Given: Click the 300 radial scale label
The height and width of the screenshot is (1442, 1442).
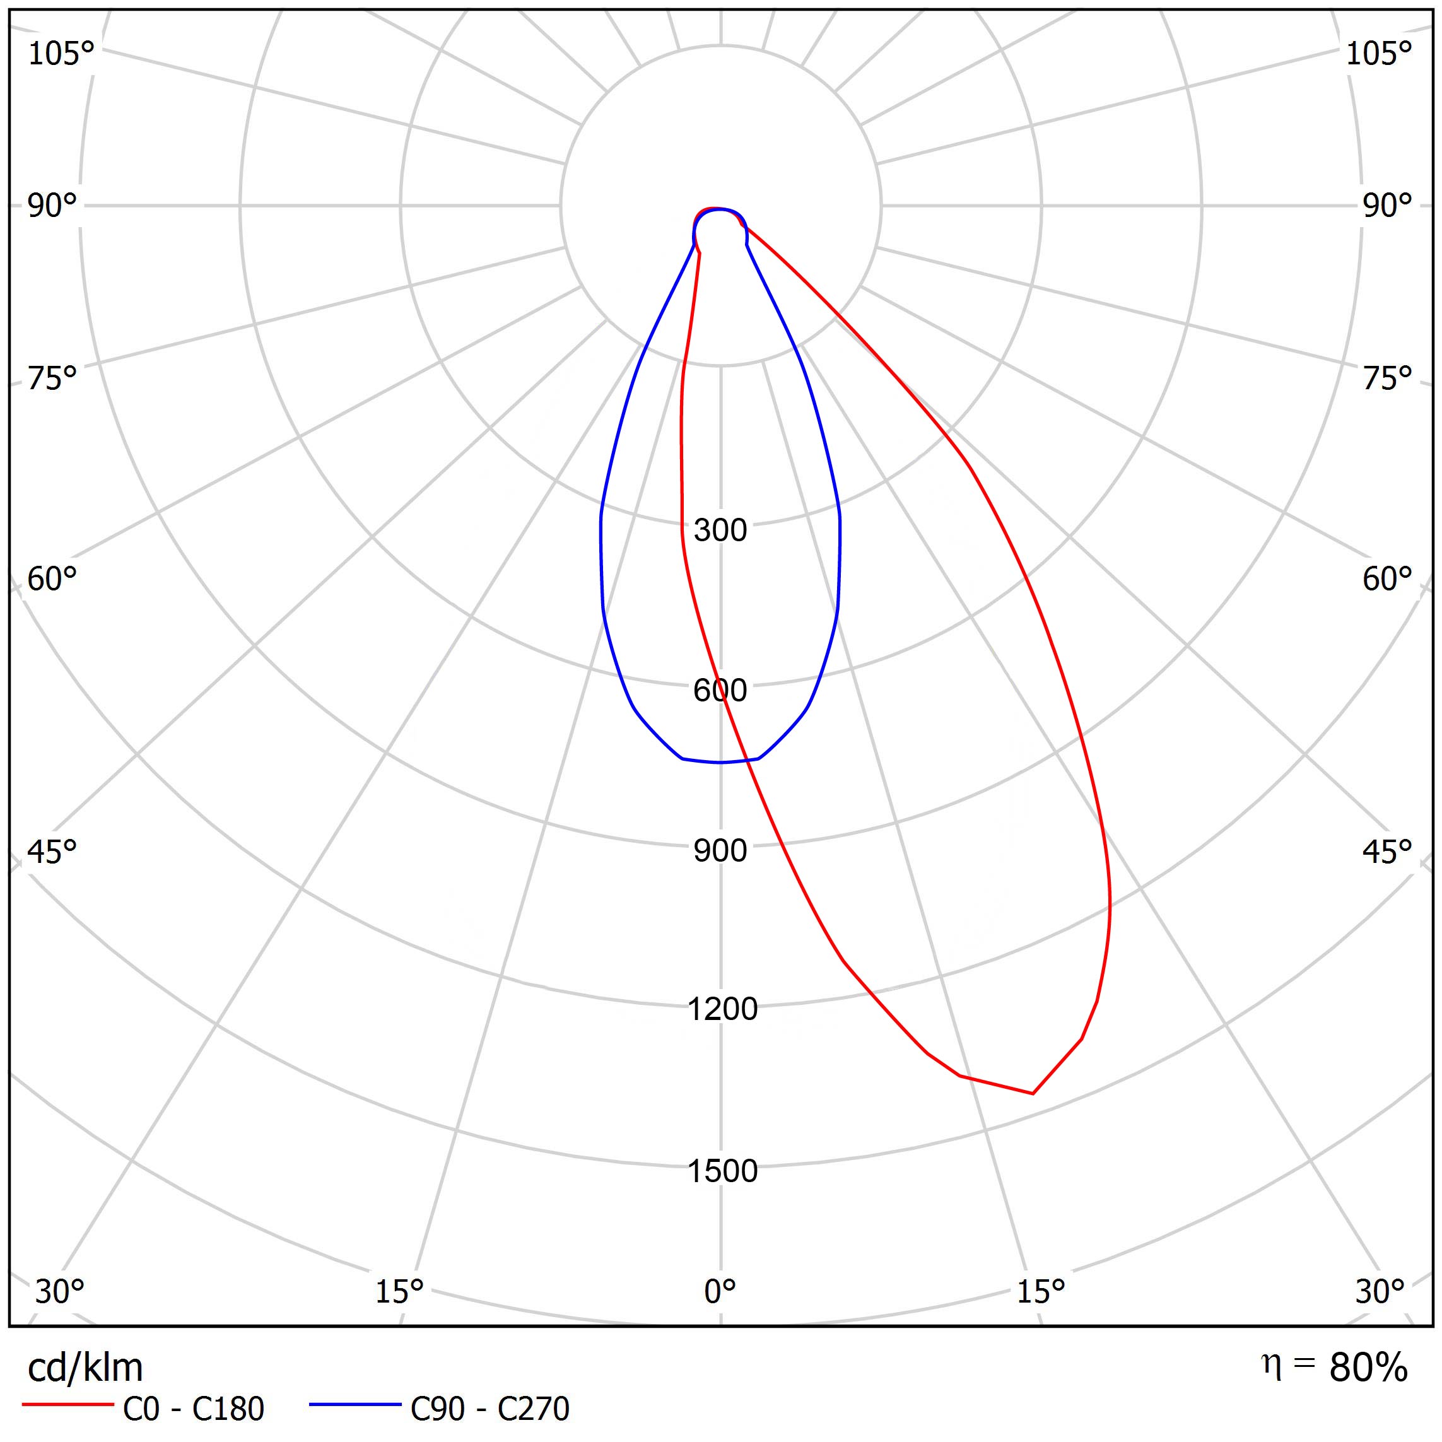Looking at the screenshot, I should coord(720,530).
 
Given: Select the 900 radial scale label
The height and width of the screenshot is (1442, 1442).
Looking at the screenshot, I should coord(720,851).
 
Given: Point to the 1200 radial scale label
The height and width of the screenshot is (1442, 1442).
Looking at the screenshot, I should coord(722,1009).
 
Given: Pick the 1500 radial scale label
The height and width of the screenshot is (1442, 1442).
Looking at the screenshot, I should coord(722,1171).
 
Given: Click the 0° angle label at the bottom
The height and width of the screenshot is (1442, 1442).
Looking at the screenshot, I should coord(720,1291).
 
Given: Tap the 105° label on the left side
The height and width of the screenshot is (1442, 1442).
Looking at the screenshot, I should coord(61,54).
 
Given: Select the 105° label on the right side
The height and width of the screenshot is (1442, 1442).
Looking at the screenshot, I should coord(1378,54).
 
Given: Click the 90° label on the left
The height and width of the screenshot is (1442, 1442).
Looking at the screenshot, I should coord(52,206).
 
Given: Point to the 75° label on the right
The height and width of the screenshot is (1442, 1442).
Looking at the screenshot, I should coord(1386,379).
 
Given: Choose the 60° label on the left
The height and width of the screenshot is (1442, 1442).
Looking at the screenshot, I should coord(52,579).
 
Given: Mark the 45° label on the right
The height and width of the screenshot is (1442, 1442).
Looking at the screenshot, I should coord(1386,852).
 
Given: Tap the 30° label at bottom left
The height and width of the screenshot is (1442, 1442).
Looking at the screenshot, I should coord(60,1291).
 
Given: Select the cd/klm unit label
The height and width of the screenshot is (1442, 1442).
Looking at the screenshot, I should coord(85,1368).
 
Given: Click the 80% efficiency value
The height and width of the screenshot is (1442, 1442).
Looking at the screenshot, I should coord(1368,1368).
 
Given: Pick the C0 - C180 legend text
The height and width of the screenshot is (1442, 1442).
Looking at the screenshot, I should coord(193,1409).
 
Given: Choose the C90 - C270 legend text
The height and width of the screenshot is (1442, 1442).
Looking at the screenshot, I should coord(489,1409).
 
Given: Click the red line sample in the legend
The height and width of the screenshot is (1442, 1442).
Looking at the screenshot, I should coord(67,1405).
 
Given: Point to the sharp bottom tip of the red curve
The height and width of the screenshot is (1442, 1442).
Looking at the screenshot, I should coord(1033,1093).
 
